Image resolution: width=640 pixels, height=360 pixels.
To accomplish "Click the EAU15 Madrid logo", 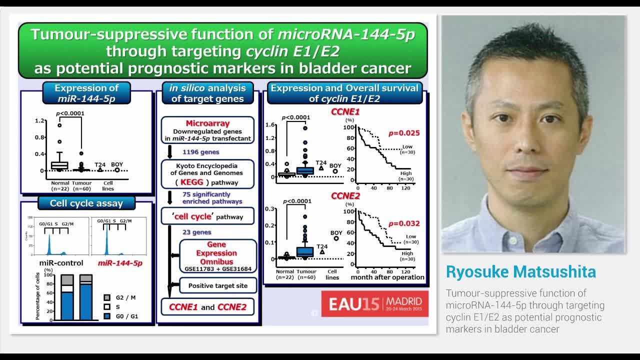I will pos(374,303).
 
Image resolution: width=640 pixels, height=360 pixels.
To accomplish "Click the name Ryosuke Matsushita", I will pos(520,271).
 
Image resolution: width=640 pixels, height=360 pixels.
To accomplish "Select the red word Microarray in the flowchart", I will pos(207,123).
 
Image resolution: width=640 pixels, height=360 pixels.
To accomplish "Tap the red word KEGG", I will pos(192,182).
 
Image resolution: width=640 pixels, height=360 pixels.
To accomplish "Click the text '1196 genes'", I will pos(200,151).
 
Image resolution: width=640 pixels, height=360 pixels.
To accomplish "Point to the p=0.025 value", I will pos(404,133).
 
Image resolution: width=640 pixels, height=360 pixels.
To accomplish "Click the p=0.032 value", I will pos(404,223).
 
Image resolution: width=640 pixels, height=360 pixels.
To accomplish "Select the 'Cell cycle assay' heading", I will pos(86,203).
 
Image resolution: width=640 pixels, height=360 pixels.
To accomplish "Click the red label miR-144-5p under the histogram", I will pos(120,263).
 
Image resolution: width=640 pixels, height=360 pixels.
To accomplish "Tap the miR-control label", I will pos(61,263).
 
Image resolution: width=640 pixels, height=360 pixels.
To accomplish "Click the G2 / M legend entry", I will pos(125,297).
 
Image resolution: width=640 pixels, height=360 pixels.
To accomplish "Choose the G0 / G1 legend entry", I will pos(125,316).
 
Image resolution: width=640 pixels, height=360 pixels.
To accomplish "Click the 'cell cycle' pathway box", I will pos(207,216).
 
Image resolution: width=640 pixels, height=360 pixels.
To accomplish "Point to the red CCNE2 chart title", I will pos(345,196).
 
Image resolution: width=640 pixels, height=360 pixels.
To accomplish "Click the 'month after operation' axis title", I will pos(387,277).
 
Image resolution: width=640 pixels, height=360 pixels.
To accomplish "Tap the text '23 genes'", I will pos(196,232).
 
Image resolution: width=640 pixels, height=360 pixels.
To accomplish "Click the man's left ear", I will pos(586,135).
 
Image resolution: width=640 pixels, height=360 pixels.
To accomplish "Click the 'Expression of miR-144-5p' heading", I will pos(86,93).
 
